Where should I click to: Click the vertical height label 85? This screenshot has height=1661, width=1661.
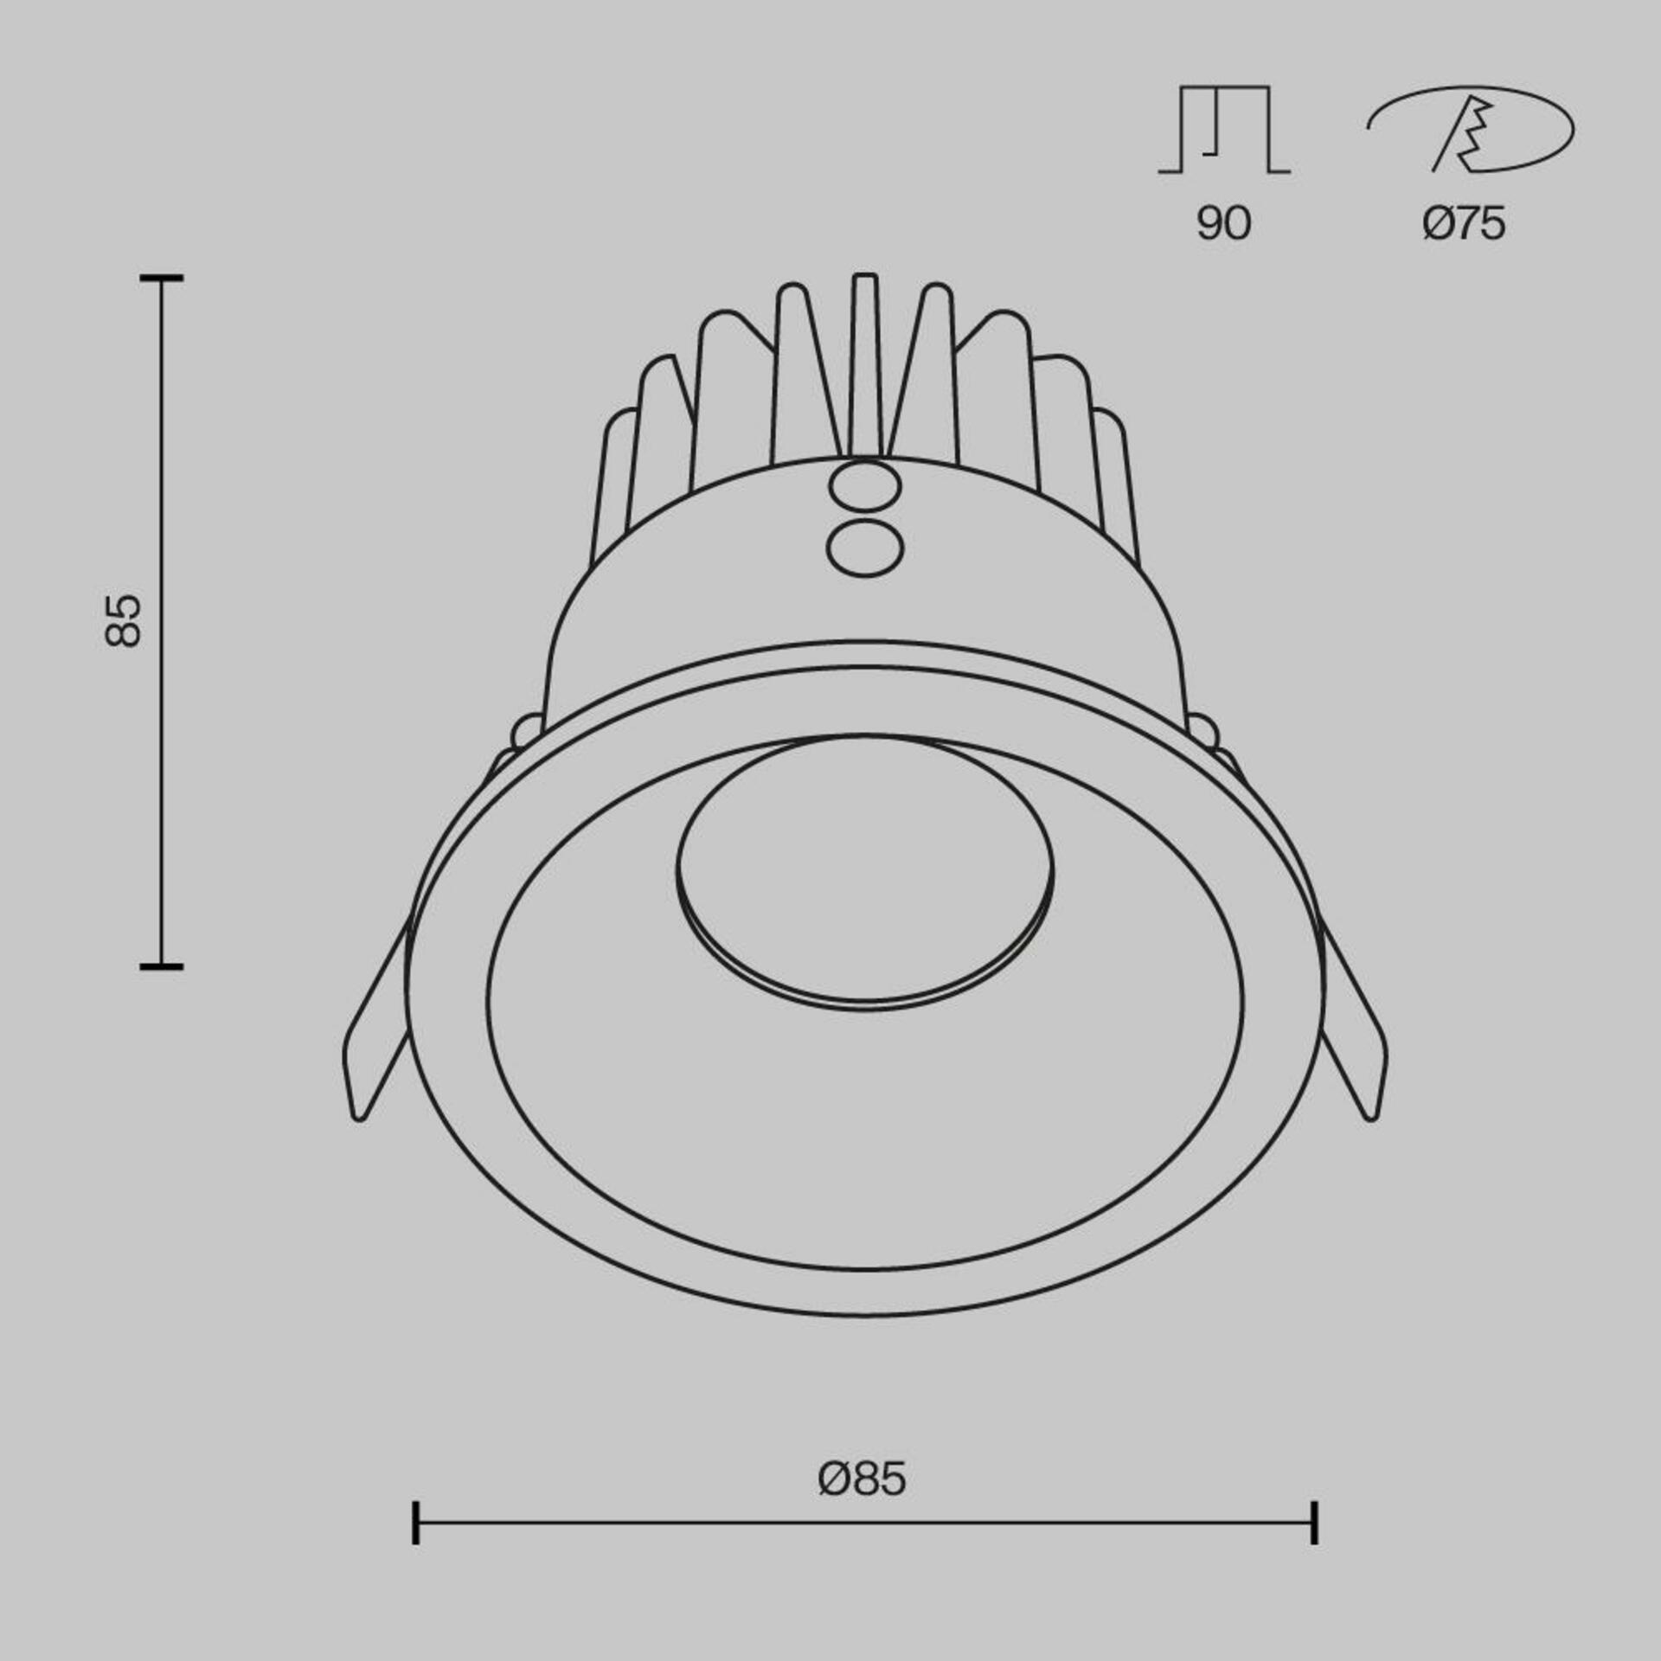(122, 620)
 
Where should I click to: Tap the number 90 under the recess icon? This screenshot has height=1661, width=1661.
(1223, 224)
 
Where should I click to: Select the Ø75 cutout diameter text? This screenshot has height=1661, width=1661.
(1464, 224)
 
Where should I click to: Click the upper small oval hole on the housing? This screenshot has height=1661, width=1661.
(864, 487)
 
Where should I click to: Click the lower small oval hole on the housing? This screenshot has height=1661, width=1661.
(864, 548)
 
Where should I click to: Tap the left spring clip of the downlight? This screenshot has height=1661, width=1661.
(374, 1029)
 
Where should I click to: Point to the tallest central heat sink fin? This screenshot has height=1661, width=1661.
(865, 363)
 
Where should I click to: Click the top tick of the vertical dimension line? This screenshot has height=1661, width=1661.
(162, 279)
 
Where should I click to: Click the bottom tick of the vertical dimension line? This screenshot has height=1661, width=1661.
(162, 965)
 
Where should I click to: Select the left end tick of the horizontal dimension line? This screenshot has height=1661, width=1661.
(416, 1547)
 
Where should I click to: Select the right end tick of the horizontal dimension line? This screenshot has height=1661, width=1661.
(1314, 1547)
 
